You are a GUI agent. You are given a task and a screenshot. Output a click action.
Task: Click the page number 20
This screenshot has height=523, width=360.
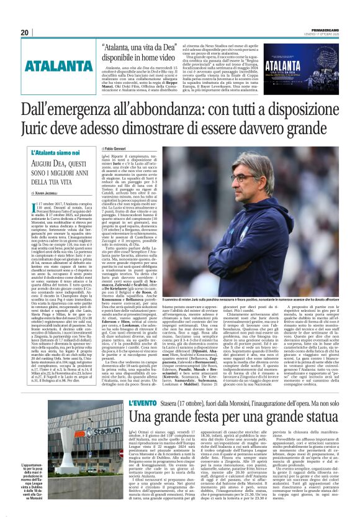(24, 32)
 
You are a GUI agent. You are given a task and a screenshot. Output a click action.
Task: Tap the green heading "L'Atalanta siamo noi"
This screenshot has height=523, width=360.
(54, 152)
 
